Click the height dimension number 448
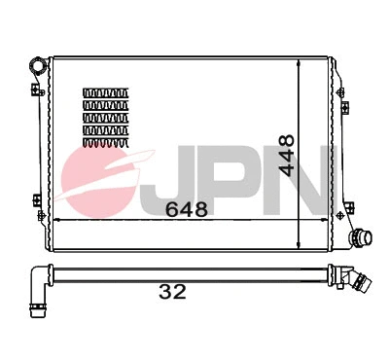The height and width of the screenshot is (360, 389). pos(286,155)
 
